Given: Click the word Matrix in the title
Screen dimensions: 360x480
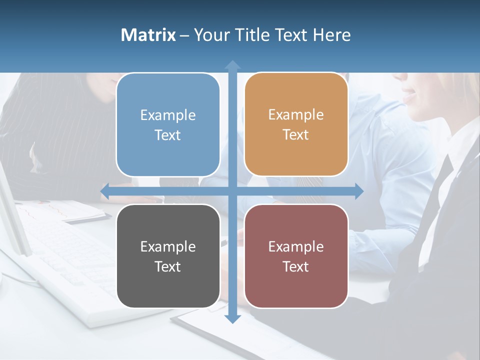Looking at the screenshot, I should click(x=148, y=35).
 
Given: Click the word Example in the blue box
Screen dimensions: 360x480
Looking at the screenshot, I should click(x=168, y=115).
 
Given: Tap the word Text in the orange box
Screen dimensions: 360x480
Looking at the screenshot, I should click(x=296, y=135).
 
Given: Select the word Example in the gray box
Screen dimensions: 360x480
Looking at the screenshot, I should click(x=168, y=247).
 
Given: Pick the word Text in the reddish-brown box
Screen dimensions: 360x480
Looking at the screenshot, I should click(x=296, y=267).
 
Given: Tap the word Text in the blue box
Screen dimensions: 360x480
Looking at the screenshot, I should click(x=168, y=135).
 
